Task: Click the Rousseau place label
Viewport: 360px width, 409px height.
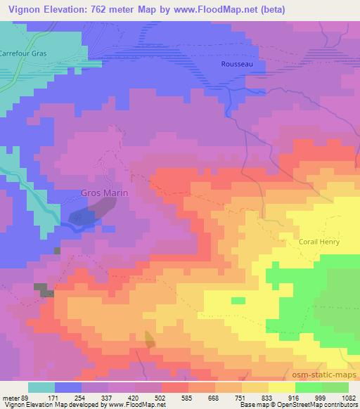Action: [233, 63]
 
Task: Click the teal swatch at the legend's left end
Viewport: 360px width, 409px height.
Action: [41, 387]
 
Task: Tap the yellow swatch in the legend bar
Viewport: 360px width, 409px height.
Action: [281, 387]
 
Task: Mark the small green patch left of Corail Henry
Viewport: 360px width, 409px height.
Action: [239, 301]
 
